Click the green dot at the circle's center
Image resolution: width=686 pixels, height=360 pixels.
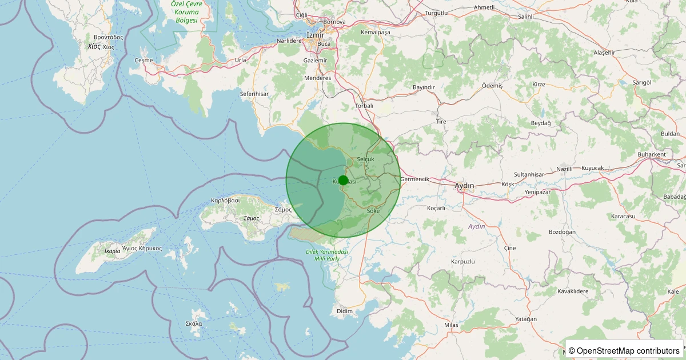coord(343,180)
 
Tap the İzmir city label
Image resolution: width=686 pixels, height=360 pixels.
coord(316,35)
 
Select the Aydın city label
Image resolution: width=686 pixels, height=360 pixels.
coord(464,186)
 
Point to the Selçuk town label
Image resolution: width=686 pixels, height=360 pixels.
coord(365,159)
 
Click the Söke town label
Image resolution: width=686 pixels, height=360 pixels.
coord(373,211)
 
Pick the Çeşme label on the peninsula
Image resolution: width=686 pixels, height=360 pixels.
coord(143,60)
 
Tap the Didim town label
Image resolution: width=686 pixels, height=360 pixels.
coord(345,311)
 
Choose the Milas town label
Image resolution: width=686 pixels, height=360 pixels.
coord(451,325)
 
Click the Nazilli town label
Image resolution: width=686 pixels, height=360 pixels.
coord(564,170)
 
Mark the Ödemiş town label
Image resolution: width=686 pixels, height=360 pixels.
coord(492,85)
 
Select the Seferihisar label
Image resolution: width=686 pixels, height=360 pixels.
coord(254,94)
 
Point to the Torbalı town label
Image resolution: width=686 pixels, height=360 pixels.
coord(364,106)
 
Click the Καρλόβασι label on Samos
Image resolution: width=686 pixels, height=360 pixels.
coord(225,201)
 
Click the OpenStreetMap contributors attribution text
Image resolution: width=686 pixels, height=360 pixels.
coord(624,350)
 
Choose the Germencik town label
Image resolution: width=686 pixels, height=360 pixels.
coord(415,179)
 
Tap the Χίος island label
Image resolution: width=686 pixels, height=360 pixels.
coord(94,46)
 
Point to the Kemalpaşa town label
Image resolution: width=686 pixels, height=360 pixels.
coord(375,33)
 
